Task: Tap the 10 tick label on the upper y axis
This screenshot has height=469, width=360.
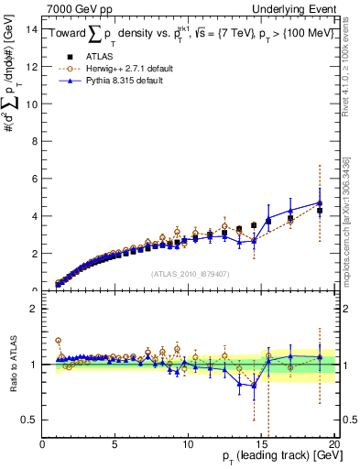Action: click(29, 104)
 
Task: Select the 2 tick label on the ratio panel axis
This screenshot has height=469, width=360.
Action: click(32, 309)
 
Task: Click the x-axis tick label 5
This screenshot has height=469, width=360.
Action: click(115, 444)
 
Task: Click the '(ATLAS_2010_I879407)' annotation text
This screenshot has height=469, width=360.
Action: click(190, 273)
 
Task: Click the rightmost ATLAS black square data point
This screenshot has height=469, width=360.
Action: click(320, 211)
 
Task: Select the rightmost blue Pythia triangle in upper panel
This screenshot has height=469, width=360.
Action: click(320, 202)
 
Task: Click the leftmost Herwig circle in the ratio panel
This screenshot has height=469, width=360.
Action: click(59, 340)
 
